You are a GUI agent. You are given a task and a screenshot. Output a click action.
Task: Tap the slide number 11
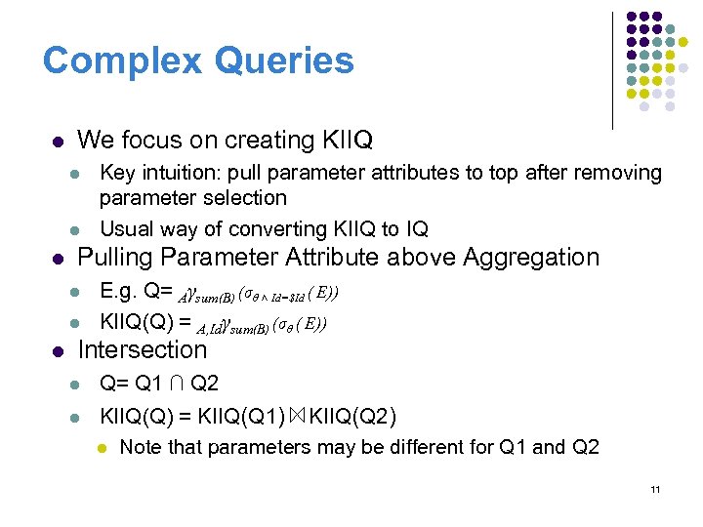(655, 489)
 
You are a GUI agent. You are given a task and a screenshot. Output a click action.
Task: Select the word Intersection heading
(142, 349)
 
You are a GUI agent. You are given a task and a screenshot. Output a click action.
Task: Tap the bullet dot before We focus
(58, 142)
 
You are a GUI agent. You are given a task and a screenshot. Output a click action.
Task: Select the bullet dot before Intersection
(58, 350)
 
